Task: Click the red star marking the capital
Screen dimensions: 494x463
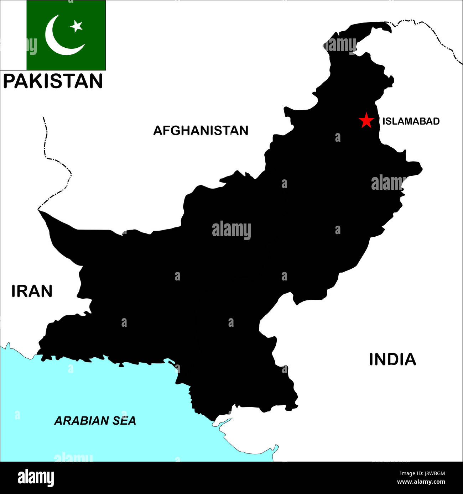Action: click(366, 121)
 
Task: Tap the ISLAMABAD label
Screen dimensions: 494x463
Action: click(411, 121)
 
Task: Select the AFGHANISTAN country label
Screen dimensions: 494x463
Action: click(201, 131)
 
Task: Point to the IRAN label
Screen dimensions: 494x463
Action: click(32, 291)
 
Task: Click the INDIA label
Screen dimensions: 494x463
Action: click(392, 359)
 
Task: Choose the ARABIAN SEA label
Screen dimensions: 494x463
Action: click(95, 421)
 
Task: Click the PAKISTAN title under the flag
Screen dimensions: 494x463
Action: click(53, 81)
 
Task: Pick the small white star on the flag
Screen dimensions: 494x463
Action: click(76, 26)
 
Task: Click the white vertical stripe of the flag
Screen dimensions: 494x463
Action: click(13, 35)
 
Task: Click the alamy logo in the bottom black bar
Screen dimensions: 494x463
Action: click(36, 478)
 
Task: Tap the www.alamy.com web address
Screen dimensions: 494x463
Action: click(421, 482)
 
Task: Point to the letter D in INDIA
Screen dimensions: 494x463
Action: click(392, 359)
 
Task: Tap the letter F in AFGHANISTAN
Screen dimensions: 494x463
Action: click(167, 131)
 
